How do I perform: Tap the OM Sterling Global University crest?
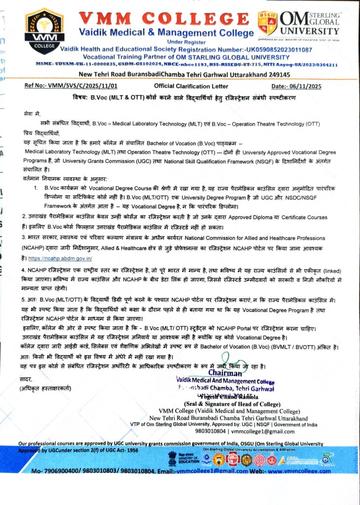[267, 23]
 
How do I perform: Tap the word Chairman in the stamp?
[225, 373]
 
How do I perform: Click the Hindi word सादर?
[26, 379]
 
